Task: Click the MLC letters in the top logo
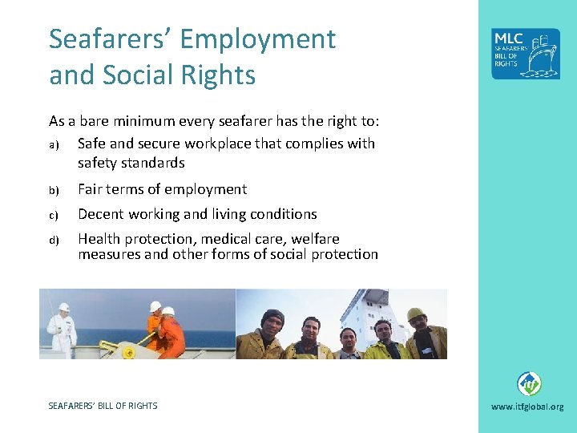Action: [x=509, y=39]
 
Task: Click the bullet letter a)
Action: [x=53, y=144]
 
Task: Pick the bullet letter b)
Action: [x=53, y=190]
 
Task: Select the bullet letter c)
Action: [x=53, y=215]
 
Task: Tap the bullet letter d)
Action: [x=53, y=240]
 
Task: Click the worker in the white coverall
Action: [x=61, y=329]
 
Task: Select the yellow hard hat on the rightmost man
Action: [x=415, y=314]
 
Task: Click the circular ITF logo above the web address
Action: [x=528, y=383]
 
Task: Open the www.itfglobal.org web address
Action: [x=527, y=407]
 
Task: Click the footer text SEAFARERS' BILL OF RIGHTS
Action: [x=103, y=406]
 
